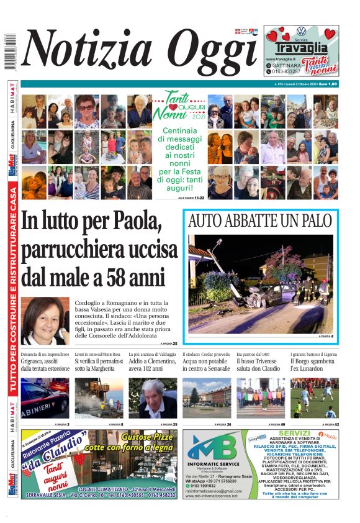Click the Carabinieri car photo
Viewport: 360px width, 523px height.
click(45, 398)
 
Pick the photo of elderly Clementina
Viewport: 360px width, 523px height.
click(153, 398)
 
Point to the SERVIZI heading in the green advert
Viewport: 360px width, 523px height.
click(294, 433)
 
